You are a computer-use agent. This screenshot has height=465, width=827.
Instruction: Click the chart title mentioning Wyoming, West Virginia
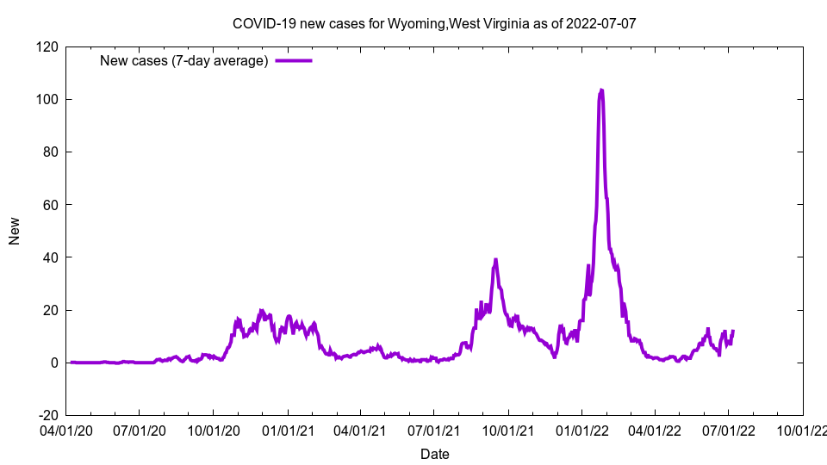click(x=434, y=23)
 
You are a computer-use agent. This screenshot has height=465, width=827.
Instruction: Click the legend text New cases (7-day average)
click(x=184, y=60)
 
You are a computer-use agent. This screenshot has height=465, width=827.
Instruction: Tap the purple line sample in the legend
click(x=294, y=60)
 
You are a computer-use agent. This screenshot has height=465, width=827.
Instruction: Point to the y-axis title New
click(x=15, y=231)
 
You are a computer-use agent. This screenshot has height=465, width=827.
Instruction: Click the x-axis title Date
click(x=434, y=454)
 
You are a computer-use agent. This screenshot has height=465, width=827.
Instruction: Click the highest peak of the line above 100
click(x=600, y=90)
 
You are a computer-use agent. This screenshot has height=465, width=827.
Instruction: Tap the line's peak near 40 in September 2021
click(x=495, y=259)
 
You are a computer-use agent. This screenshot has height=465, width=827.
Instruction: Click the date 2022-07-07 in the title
click(x=600, y=23)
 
